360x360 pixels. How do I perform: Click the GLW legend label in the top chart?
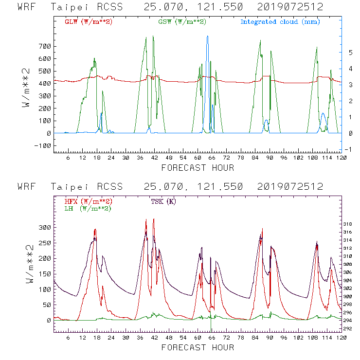pyautogui.click(x=89, y=22)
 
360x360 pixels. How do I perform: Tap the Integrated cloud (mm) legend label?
pyautogui.click(x=280, y=22)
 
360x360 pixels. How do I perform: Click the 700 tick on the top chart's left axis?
pyautogui.click(x=45, y=46)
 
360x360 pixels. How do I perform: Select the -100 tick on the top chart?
pyautogui.click(x=43, y=145)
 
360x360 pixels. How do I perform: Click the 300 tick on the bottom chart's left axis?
pyautogui.click(x=45, y=227)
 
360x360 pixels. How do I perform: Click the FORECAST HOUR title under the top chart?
pyautogui.click(x=198, y=168)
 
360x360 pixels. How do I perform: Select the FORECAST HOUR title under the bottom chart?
pyautogui.click(x=198, y=347)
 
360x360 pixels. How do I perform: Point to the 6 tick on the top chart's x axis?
pyautogui.click(x=68, y=159)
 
